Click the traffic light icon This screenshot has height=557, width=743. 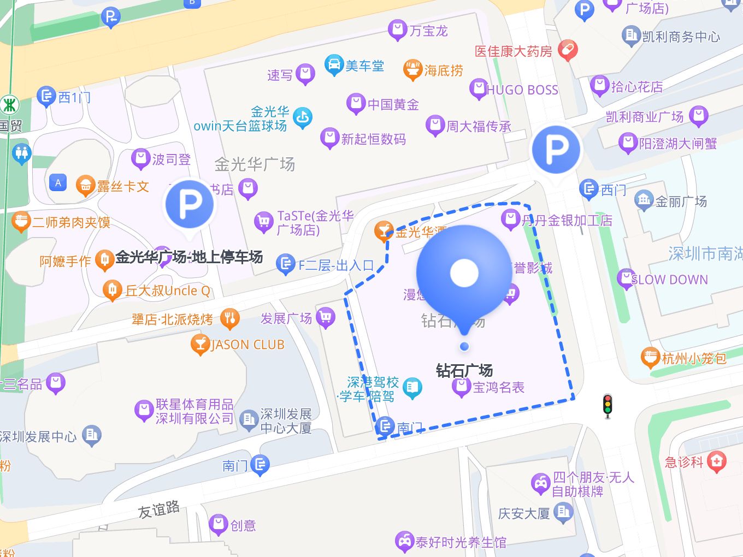click(x=607, y=406)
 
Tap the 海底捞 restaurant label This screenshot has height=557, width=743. click(x=443, y=70)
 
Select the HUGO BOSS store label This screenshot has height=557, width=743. click(x=522, y=90)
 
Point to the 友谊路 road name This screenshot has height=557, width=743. click(x=158, y=510)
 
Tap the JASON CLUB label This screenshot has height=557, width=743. click(x=247, y=345)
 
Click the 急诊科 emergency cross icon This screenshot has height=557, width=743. click(x=716, y=462)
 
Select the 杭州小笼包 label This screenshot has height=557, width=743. click(x=694, y=358)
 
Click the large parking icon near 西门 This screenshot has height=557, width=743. click(x=556, y=149)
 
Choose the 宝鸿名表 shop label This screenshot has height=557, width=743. click(x=498, y=387)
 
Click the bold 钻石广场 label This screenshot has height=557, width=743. click(x=464, y=371)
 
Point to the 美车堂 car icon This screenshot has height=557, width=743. click(x=334, y=65)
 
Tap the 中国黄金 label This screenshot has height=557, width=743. click(x=393, y=104)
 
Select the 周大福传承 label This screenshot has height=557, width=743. click(x=479, y=127)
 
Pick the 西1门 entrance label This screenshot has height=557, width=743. click(x=74, y=98)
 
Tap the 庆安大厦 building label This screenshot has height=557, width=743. click(x=524, y=513)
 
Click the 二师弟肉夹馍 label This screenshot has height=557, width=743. click(x=71, y=222)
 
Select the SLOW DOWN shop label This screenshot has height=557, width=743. click(x=669, y=280)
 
